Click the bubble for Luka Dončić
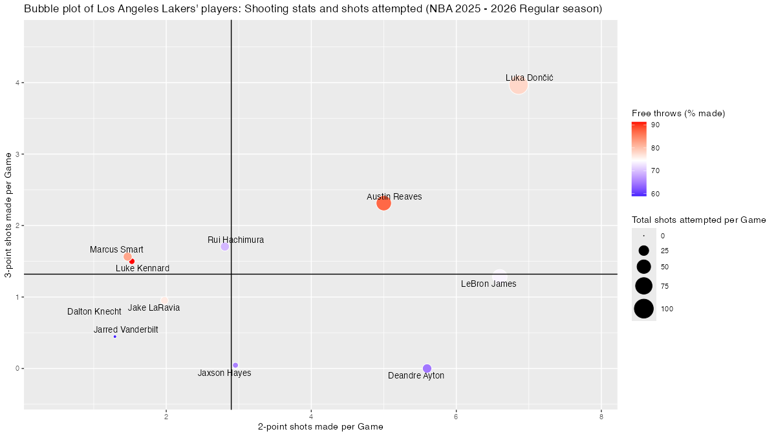[x=518, y=85]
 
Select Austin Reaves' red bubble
[x=383, y=203]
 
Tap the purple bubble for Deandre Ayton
[x=427, y=368]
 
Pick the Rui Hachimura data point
[x=224, y=247]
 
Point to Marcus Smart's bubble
[x=127, y=256]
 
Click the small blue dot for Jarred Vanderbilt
[x=115, y=337]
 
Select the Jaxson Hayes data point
[x=235, y=366]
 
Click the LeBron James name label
[x=488, y=284]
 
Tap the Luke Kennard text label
[x=142, y=268]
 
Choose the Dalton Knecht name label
[x=94, y=311]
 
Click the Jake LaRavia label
[x=154, y=307]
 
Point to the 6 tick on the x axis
[x=457, y=415]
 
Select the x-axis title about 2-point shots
[x=321, y=427]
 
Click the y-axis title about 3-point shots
[x=9, y=214]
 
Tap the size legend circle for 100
[x=644, y=309]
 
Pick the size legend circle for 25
[x=644, y=251]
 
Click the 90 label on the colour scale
[x=655, y=125]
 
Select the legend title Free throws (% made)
[x=678, y=113]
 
